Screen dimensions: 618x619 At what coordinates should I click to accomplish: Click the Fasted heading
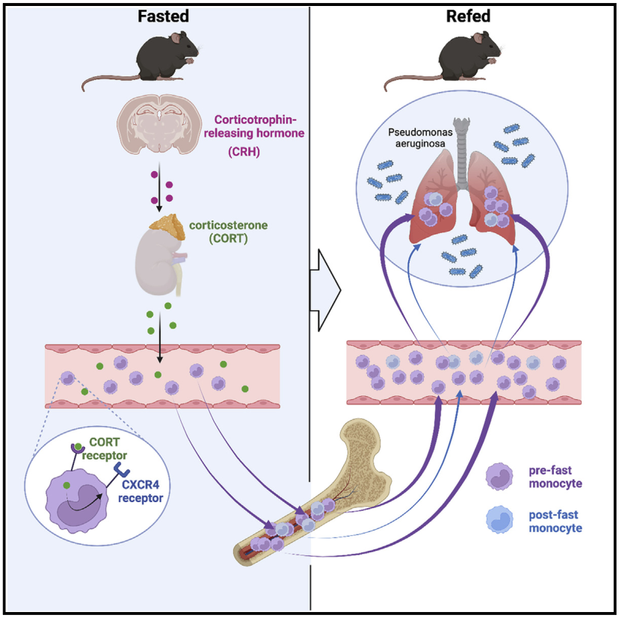point(162,16)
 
